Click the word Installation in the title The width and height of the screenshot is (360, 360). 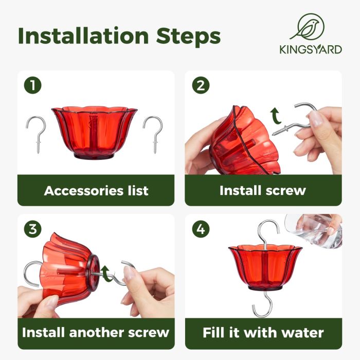coord(83,37)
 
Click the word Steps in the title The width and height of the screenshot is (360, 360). coord(188,37)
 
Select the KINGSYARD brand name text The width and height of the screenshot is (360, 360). coord(311,50)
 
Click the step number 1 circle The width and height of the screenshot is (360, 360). coord(33,85)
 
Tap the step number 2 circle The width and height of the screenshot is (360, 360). coord(201,85)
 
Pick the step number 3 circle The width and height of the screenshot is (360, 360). coord(33,229)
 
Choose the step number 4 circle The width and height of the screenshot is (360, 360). coord(201,229)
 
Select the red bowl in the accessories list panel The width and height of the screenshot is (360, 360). coord(94,133)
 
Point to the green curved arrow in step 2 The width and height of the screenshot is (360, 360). coord(276,116)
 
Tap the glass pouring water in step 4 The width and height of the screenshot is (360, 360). coord(313,230)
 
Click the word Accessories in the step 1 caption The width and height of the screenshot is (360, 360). coord(83,191)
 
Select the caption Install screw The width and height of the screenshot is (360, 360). coord(263,190)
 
